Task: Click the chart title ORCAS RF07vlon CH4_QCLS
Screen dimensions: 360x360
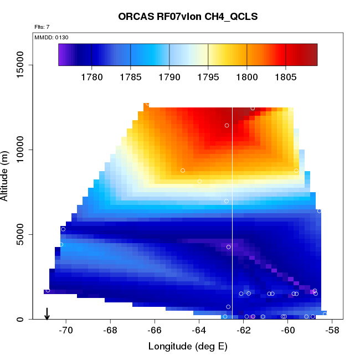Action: tap(188, 17)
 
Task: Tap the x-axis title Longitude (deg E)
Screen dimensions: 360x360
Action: tap(188, 347)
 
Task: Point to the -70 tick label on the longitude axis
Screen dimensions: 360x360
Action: tap(66, 331)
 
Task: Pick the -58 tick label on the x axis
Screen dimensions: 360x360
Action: tap(332, 331)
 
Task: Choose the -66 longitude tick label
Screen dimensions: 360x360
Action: tap(155, 331)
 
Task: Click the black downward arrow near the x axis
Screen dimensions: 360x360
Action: tap(47, 313)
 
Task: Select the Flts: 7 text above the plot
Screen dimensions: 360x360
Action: tap(42, 27)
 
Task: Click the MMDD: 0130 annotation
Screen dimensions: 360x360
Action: tap(51, 37)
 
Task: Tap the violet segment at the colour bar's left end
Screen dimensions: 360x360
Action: tap(63, 54)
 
